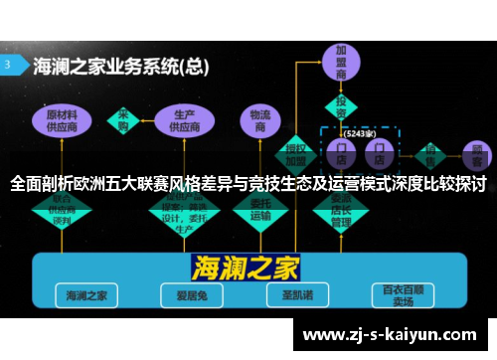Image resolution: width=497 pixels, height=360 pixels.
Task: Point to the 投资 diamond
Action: coord(340,104)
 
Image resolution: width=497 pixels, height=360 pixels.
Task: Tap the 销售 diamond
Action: coord(431,154)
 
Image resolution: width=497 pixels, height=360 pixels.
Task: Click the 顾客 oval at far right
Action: coord(475,154)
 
